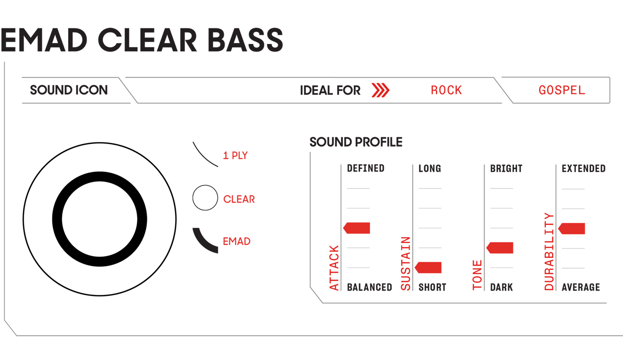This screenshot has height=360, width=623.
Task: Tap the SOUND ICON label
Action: tap(69, 90)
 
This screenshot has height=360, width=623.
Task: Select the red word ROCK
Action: tap(446, 91)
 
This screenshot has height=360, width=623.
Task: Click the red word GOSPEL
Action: tap(561, 91)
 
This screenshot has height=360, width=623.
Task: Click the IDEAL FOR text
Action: tap(330, 91)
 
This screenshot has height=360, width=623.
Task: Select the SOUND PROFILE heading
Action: tap(356, 141)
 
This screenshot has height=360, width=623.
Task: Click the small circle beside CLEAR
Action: tap(205, 198)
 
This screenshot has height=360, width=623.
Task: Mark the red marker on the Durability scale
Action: tap(572, 228)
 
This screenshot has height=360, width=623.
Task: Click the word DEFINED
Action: tap(366, 168)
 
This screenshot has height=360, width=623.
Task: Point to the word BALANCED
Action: tap(369, 287)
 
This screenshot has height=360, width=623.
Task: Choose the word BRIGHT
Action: tap(506, 168)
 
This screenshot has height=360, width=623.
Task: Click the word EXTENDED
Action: tap(583, 168)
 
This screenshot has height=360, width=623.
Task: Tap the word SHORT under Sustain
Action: tap(432, 287)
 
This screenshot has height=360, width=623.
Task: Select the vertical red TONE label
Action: tap(477, 275)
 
